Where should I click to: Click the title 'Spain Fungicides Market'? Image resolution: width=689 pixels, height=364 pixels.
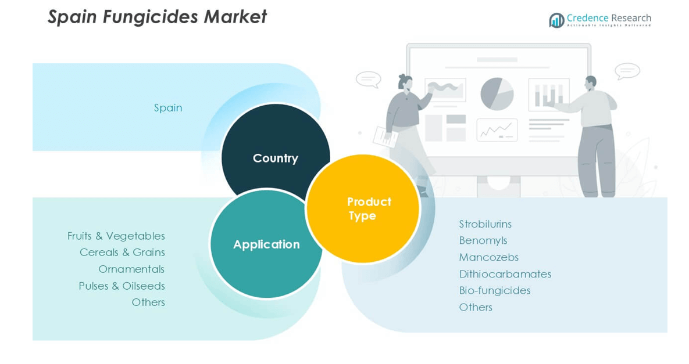[x=157, y=17]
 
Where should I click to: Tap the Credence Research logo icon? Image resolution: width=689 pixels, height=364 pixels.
[x=556, y=20]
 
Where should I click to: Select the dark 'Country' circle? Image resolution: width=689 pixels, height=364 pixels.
[x=275, y=152]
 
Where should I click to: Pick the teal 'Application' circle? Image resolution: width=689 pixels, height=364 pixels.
[x=266, y=244]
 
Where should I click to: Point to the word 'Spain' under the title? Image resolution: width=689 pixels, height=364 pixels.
[x=168, y=108]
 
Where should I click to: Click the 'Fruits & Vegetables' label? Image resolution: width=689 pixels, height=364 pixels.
[x=116, y=236]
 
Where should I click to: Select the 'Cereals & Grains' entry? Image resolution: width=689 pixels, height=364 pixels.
[x=122, y=253]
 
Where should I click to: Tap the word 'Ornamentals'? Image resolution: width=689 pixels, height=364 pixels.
[x=131, y=269]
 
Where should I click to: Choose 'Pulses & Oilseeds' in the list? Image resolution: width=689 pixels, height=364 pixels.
[x=122, y=286]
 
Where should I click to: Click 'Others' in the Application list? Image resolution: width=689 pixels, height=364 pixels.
[x=148, y=302]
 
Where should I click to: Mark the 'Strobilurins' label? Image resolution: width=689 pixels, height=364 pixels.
[x=485, y=224]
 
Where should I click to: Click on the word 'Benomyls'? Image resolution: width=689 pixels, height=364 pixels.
[x=483, y=240]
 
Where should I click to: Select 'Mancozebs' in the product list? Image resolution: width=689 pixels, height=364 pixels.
[x=489, y=257]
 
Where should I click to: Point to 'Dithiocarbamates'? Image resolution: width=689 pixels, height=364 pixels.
[x=505, y=274]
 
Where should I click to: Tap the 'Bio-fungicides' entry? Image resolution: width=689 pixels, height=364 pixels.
[x=495, y=290]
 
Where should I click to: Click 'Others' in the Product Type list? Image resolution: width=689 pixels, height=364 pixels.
[x=476, y=307]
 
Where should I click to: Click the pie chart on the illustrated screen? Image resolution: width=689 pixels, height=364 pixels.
[x=497, y=93]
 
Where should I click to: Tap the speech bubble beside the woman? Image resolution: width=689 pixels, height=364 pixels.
[x=368, y=80]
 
